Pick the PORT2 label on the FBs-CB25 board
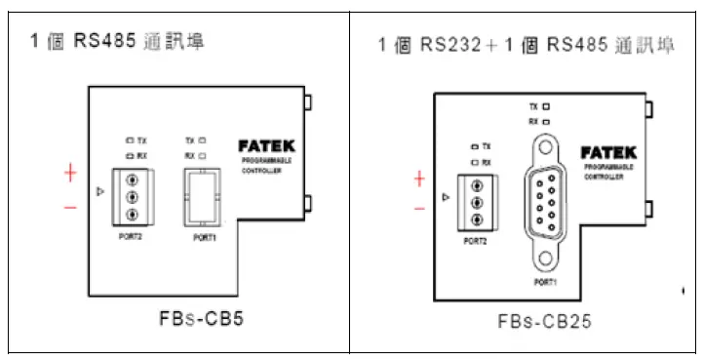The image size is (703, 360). pyautogui.click(x=476, y=240)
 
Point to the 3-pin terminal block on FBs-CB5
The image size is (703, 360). pyautogui.click(x=129, y=197)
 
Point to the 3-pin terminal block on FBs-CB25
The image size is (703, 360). pyautogui.click(x=477, y=203)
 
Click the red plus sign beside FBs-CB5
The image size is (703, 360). pyautogui.click(x=70, y=174)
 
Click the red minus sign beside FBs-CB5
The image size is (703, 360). pyautogui.click(x=70, y=207)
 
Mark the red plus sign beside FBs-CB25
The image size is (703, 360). pyautogui.click(x=419, y=179)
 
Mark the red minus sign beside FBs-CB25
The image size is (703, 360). pyautogui.click(x=419, y=208)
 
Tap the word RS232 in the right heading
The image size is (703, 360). pyautogui.click(x=448, y=45)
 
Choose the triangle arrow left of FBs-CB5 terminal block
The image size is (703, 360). pyautogui.click(x=99, y=192)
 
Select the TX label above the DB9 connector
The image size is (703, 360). pyautogui.click(x=533, y=104)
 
